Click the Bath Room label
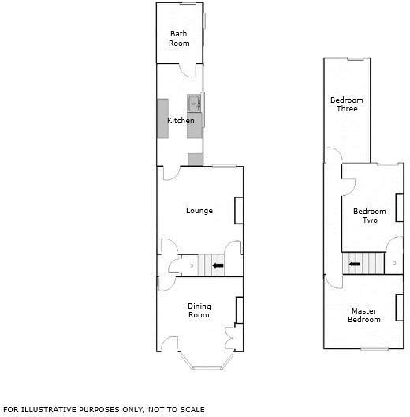tap(179, 38)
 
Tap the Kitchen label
tap(181, 121)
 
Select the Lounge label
tap(199, 211)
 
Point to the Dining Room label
tap(199, 310)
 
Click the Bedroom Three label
tap(347, 104)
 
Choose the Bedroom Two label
tap(370, 216)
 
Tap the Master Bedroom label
tap(364, 315)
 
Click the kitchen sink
tap(195, 103)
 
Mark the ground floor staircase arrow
tap(218, 265)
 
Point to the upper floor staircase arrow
tap(355, 264)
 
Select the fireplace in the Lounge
tap(239, 210)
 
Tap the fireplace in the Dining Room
tap(240, 310)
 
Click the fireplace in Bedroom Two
tap(400, 208)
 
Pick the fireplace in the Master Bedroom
tap(400, 307)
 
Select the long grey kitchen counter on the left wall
tap(162, 118)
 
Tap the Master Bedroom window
tap(375, 348)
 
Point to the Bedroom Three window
tap(356, 58)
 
